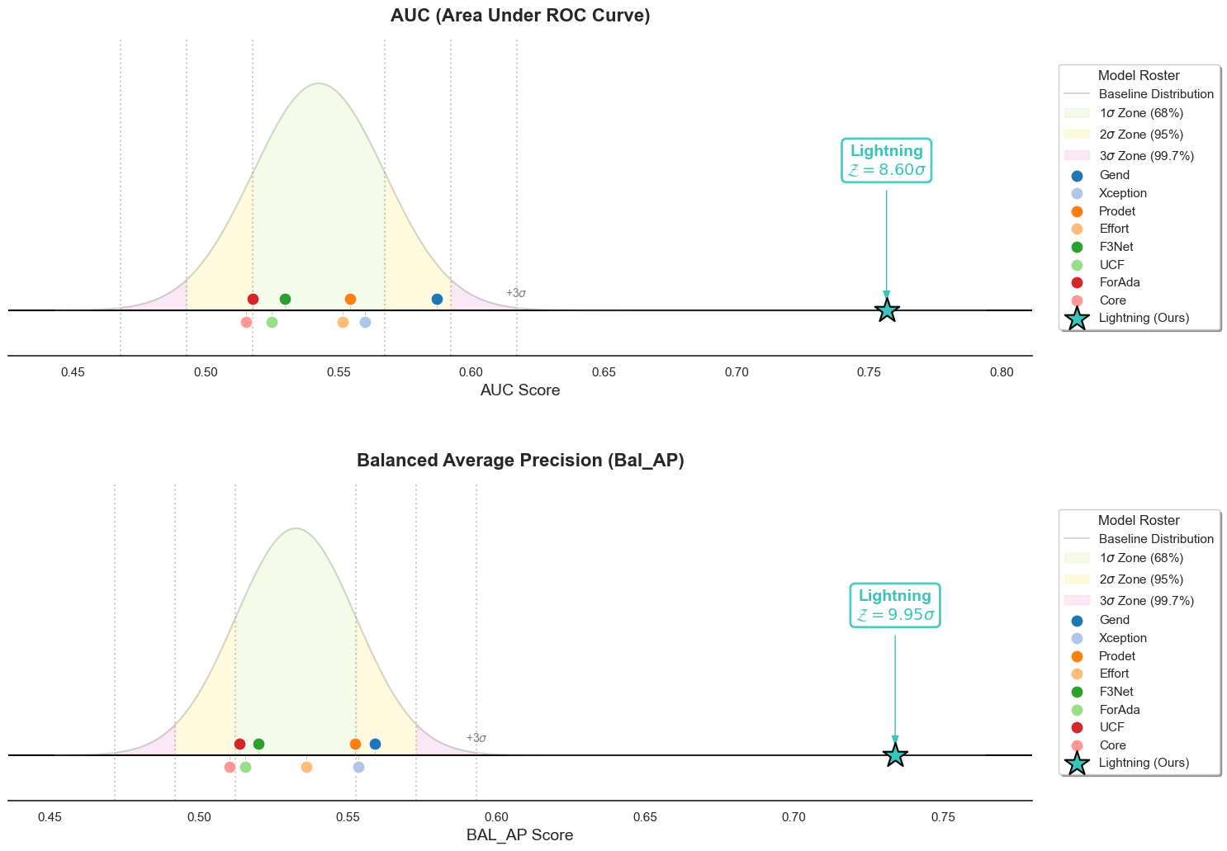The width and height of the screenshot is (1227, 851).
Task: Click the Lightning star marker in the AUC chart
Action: (x=886, y=310)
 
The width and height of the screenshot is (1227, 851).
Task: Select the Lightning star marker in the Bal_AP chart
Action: (x=895, y=755)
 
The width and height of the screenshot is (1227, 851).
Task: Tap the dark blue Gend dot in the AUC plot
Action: (x=437, y=299)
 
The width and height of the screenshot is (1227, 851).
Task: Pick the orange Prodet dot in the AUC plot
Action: (x=350, y=299)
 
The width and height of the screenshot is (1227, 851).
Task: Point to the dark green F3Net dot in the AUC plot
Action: (x=285, y=299)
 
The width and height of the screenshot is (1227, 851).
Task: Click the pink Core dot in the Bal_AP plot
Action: (x=230, y=767)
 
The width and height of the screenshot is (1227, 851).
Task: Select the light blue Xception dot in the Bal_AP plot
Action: (x=358, y=767)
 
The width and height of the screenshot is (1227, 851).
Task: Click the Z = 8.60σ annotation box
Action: (x=886, y=161)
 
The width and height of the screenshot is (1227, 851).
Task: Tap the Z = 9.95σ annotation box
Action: (x=895, y=606)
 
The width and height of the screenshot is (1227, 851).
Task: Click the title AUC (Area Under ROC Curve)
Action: (x=520, y=16)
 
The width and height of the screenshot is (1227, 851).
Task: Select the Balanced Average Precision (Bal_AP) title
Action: (x=520, y=461)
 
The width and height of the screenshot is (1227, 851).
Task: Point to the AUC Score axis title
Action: (x=520, y=390)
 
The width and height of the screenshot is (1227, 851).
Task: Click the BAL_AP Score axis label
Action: (x=520, y=835)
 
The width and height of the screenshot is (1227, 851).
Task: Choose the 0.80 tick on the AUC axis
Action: (x=1002, y=373)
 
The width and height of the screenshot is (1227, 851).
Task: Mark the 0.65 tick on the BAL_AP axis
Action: (x=645, y=818)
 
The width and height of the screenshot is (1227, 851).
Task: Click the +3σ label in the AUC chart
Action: (x=516, y=293)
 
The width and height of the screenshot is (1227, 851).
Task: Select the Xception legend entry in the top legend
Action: (x=1123, y=193)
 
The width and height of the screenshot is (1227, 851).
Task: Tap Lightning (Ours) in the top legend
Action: (x=1144, y=318)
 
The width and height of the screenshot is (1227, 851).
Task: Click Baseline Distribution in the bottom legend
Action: (x=1156, y=539)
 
